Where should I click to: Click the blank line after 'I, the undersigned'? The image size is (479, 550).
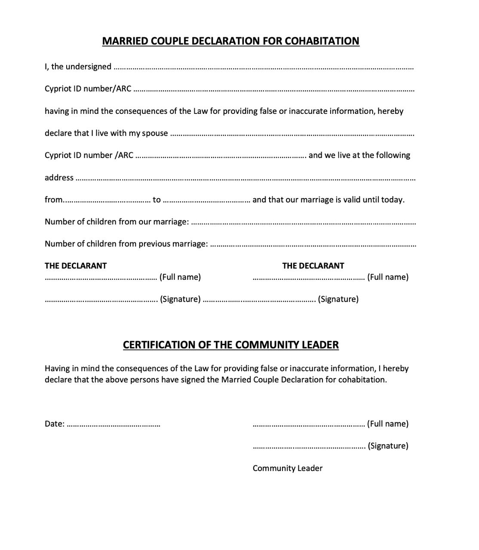click(x=263, y=67)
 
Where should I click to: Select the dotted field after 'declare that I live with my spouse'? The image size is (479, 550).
click(x=292, y=134)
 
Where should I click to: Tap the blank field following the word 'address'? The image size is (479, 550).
click(x=245, y=178)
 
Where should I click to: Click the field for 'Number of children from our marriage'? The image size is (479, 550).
click(x=303, y=223)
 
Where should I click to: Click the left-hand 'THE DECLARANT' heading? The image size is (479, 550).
click(x=76, y=266)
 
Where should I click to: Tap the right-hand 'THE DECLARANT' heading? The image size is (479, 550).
click(x=313, y=266)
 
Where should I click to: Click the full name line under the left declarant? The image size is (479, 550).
click(x=101, y=278)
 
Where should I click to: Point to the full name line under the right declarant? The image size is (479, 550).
click(x=309, y=278)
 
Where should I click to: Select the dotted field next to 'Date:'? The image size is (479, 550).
click(x=114, y=425)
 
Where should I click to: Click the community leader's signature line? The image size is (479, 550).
click(x=309, y=447)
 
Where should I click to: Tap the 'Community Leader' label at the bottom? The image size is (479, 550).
click(x=287, y=468)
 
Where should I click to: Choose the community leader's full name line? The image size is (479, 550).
click(x=309, y=425)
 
